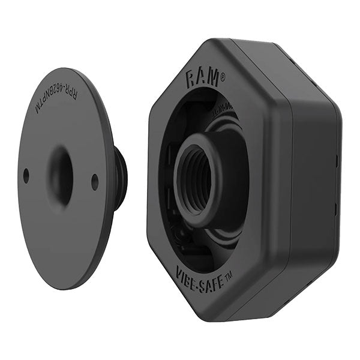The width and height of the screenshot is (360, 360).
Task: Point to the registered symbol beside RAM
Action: (x=223, y=76)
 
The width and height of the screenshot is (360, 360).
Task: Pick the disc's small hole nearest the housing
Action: (x=95, y=182)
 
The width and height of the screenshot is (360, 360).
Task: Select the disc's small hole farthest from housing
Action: (x=26, y=176)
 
